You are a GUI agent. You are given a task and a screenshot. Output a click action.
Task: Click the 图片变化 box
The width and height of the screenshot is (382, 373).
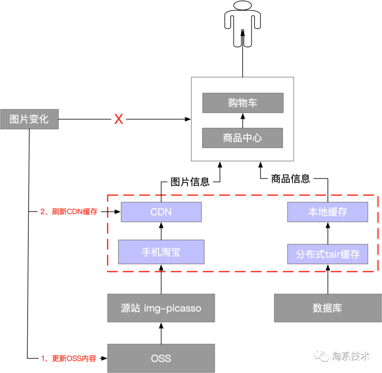click(x=29, y=119)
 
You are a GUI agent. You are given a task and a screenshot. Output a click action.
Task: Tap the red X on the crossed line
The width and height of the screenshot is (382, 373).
click(x=118, y=119)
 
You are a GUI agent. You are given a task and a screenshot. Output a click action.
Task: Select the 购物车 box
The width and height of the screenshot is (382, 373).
click(x=243, y=103)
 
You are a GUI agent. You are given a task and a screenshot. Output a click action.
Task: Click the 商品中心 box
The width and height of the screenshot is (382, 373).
click(x=243, y=138)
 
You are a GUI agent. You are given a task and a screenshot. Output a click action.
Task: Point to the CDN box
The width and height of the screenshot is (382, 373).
click(x=161, y=212)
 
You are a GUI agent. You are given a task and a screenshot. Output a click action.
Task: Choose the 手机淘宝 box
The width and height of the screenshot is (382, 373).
click(x=161, y=252)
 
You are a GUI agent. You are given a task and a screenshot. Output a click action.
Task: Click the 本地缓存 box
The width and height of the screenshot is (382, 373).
click(x=328, y=212)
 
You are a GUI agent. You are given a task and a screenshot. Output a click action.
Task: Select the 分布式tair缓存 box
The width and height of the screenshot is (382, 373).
click(x=328, y=254)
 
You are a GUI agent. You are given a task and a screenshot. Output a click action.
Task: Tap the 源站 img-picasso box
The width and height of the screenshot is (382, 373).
click(x=161, y=308)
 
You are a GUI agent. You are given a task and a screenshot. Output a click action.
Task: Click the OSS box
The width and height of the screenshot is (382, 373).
click(x=161, y=358)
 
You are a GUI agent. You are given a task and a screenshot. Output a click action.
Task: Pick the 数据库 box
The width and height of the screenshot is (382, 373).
click(x=328, y=308)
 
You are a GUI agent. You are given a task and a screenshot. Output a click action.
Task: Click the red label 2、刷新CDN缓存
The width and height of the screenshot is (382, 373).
click(x=69, y=212)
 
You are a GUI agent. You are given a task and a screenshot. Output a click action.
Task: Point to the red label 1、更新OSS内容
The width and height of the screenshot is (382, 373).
click(x=69, y=358)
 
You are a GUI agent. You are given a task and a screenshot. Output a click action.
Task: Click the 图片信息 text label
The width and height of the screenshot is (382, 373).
click(x=190, y=182)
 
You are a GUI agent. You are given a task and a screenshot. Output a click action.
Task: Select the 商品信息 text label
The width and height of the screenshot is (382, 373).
click(x=290, y=179)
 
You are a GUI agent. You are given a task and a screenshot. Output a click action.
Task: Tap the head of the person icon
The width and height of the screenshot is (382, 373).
click(x=243, y=7)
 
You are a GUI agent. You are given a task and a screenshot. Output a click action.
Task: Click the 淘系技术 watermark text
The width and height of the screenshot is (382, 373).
click(x=351, y=356)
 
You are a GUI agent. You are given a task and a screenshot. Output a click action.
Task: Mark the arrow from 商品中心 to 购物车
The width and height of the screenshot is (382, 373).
click(x=243, y=120)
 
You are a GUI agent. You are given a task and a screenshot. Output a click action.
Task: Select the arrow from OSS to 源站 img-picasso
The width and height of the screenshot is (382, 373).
click(x=161, y=333)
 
